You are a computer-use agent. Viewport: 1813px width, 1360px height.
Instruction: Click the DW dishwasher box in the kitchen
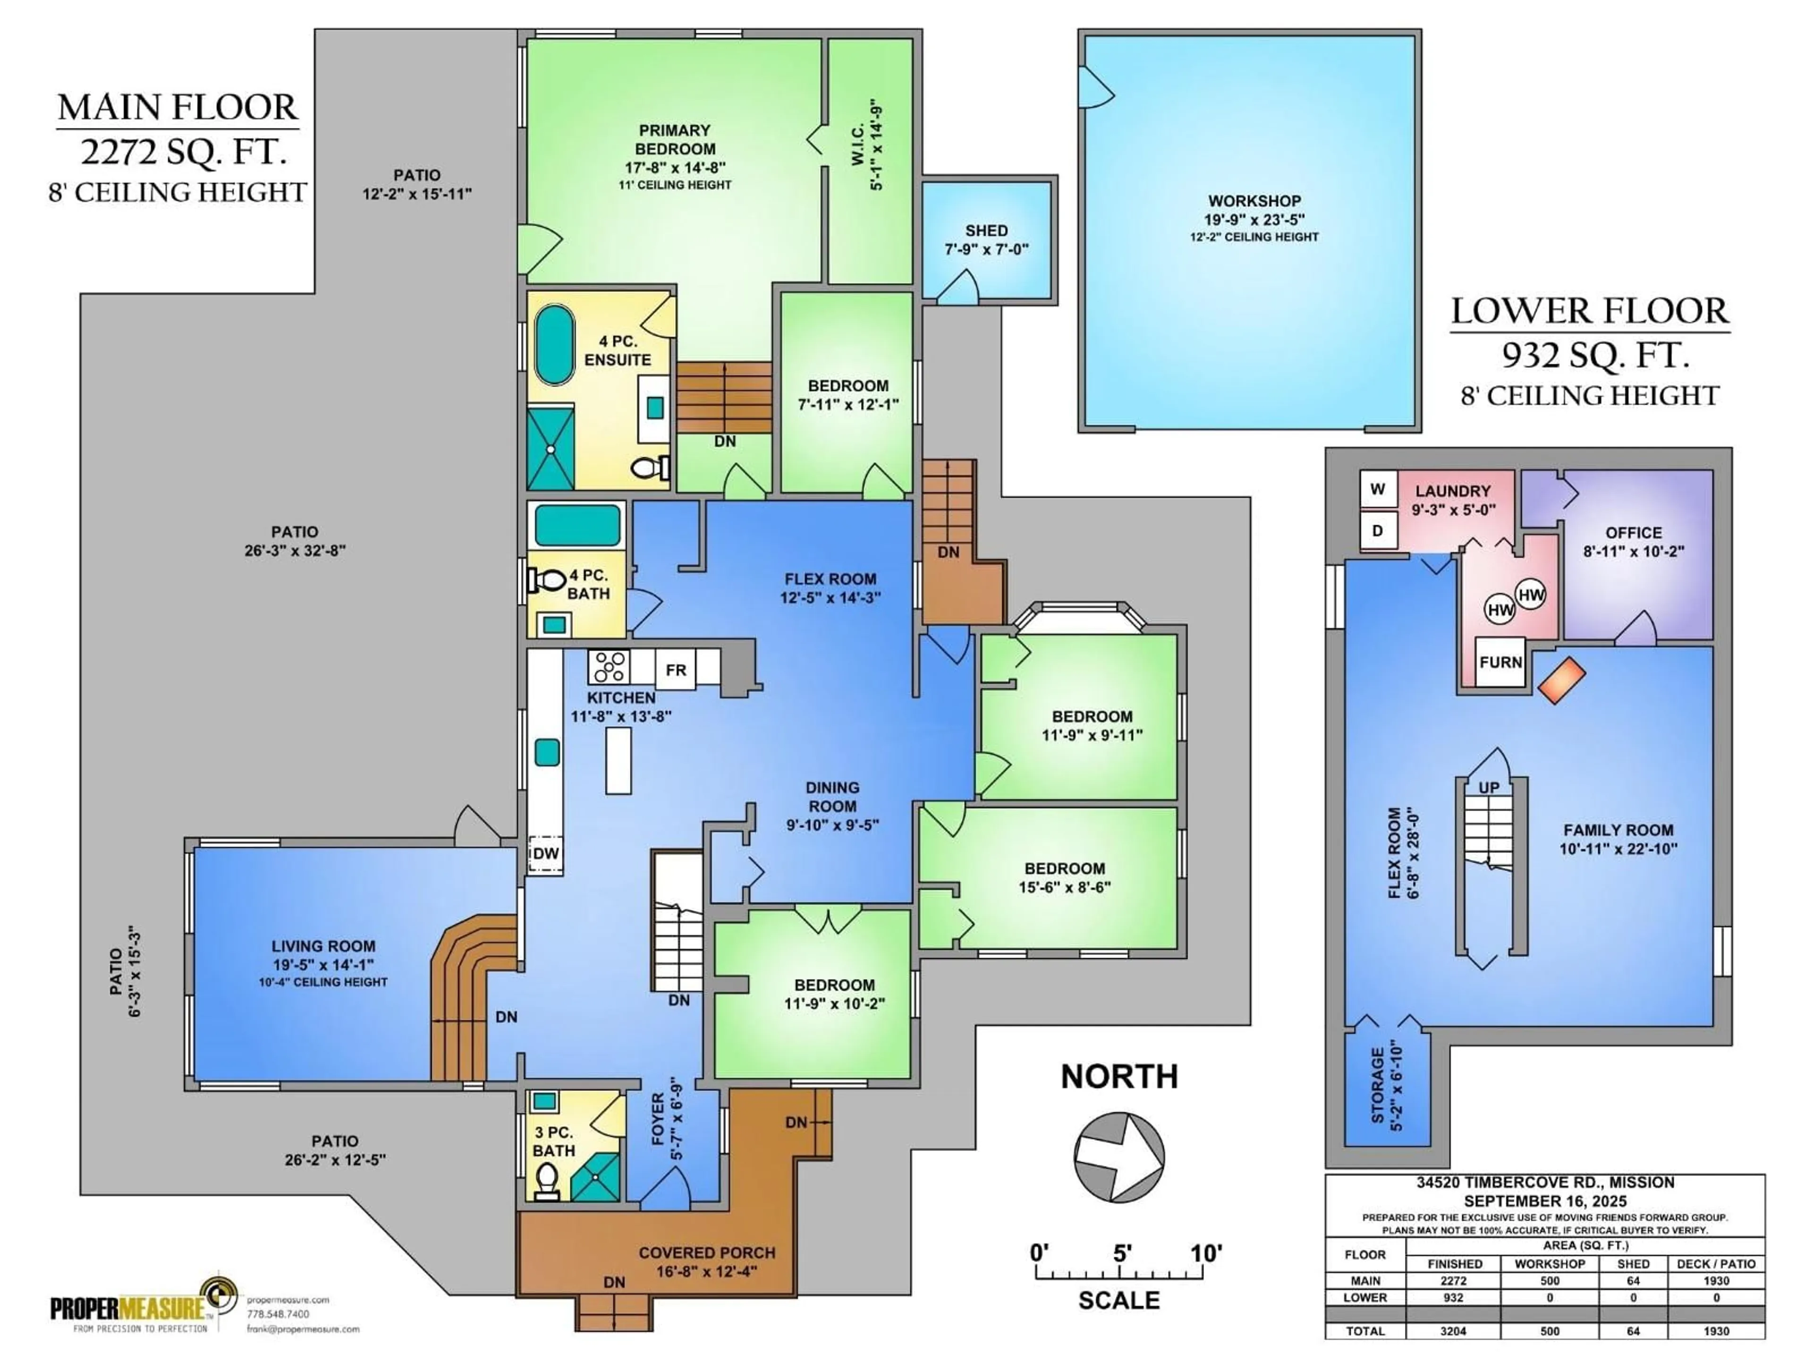[545, 853]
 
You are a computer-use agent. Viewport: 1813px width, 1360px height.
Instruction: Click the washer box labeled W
[1378, 489]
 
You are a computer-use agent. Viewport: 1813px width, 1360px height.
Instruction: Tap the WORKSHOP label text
[1254, 201]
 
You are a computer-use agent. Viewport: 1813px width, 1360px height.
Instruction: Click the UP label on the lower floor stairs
[1489, 788]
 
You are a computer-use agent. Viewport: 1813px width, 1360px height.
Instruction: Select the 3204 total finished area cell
[1453, 1331]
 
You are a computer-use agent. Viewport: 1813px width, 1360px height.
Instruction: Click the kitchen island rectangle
[619, 760]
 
